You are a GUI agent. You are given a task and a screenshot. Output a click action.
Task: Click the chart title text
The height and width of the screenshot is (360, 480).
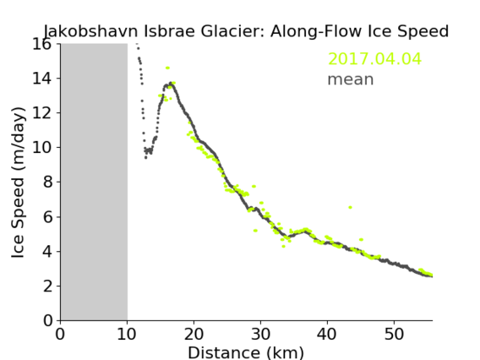click(246, 31)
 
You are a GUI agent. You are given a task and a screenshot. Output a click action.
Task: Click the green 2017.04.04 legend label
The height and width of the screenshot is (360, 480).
click(374, 58)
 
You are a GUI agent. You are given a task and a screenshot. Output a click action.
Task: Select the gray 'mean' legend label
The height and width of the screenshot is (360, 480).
click(351, 79)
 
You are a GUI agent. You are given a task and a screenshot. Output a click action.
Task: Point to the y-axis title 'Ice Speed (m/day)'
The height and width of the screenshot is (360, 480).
click(18, 183)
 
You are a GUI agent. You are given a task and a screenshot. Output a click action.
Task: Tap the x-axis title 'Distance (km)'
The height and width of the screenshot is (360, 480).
click(246, 352)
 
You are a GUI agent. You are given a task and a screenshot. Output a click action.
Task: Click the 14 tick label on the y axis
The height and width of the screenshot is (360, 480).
click(41, 79)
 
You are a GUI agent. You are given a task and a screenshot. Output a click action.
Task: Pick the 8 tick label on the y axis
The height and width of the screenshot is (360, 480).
click(47, 183)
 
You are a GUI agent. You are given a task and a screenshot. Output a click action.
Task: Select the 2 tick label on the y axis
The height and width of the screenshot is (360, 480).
click(47, 286)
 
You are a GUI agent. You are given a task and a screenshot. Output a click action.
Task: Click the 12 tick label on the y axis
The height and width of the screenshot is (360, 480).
click(41, 113)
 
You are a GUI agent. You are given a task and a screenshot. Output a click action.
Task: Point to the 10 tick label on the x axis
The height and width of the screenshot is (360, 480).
click(127, 334)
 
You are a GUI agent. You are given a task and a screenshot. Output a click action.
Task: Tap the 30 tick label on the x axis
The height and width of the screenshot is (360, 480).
click(260, 334)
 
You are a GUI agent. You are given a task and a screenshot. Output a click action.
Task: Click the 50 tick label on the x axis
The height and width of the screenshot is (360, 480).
click(394, 334)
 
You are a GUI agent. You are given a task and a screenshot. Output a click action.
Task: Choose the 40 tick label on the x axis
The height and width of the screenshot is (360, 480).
click(327, 334)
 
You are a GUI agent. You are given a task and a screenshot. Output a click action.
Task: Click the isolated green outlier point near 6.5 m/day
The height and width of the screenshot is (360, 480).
click(350, 208)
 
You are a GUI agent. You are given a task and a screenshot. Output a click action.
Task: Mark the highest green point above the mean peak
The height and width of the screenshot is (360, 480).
click(167, 68)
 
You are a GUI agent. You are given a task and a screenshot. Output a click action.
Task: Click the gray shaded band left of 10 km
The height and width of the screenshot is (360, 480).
click(95, 182)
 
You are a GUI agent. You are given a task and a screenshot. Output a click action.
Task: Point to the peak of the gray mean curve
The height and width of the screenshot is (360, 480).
click(171, 84)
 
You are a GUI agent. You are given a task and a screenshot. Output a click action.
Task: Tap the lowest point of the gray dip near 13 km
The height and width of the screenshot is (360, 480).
click(145, 158)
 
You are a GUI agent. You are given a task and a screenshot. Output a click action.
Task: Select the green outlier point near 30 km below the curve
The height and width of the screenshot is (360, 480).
click(255, 231)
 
